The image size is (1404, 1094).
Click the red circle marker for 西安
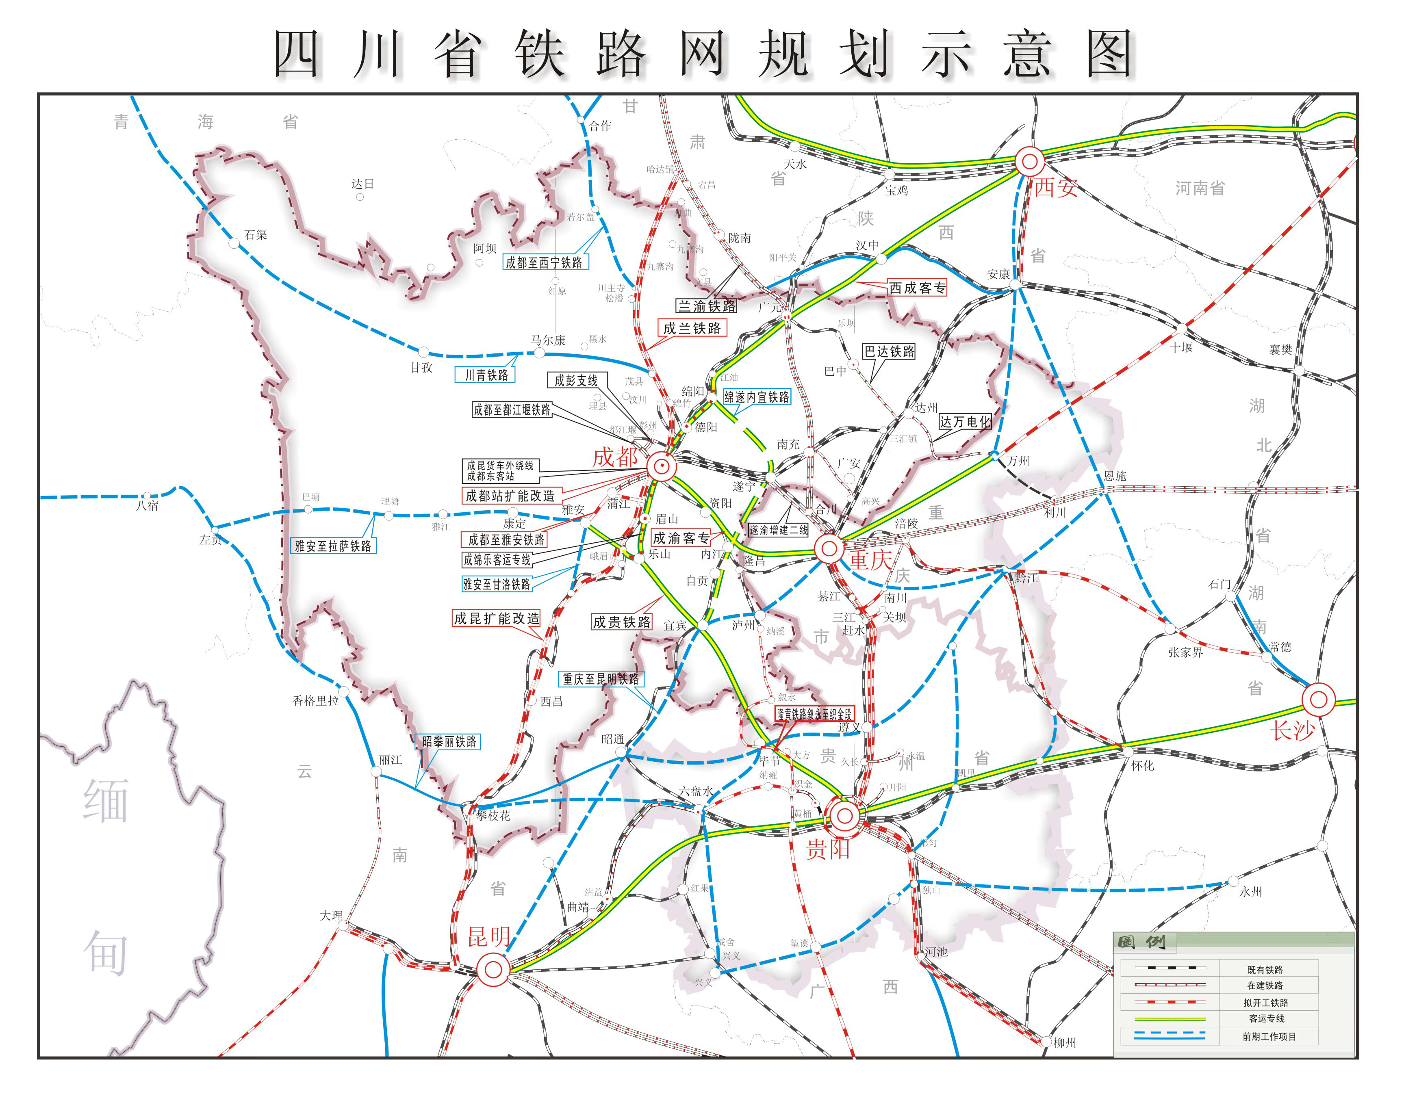pyautogui.click(x=1029, y=161)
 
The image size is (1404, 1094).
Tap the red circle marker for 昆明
pyautogui.click(x=493, y=969)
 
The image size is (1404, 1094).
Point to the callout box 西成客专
pyautogui.click(x=917, y=288)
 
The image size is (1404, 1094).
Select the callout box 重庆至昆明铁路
pyautogui.click(x=601, y=679)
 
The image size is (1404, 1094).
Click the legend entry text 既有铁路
pyautogui.click(x=1265, y=970)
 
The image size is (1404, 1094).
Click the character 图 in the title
pyautogui.click(x=1109, y=54)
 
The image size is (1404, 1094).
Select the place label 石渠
pyautogui.click(x=255, y=235)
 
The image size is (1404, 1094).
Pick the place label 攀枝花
pyautogui.click(x=493, y=816)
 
